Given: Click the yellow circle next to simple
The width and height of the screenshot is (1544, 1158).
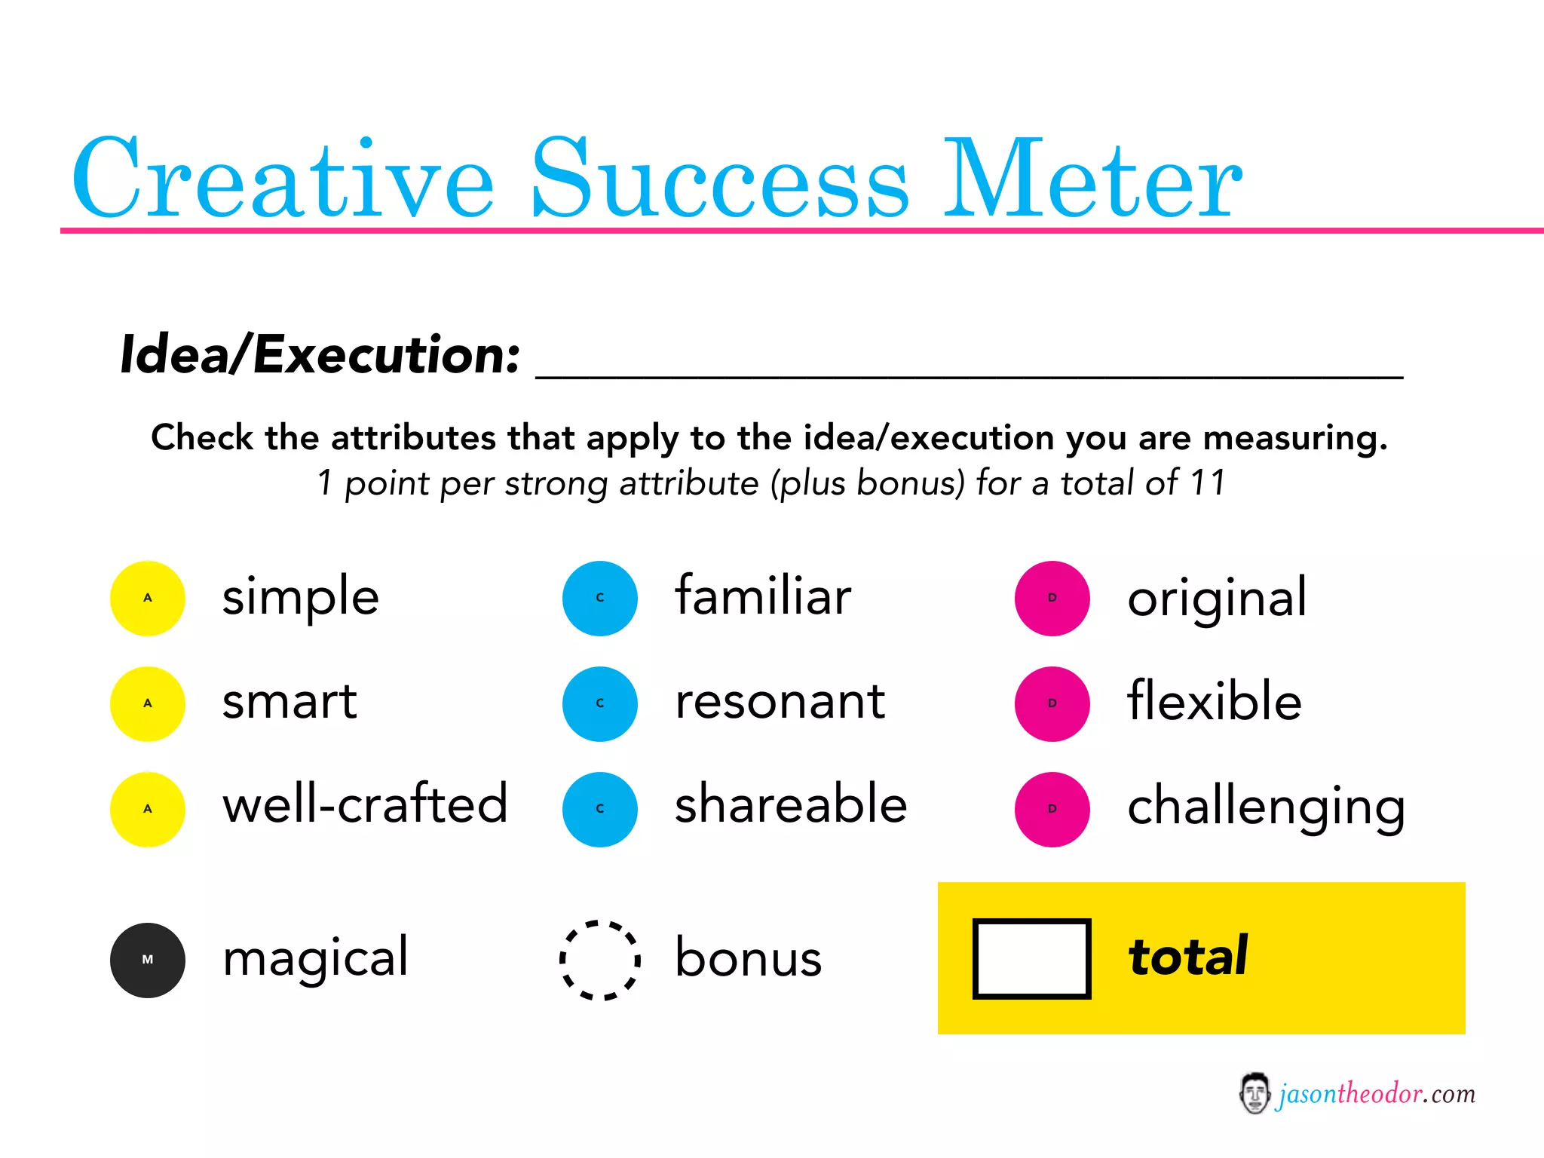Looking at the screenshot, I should (x=148, y=598).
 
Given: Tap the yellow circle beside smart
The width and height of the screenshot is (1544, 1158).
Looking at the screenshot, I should (x=148, y=703).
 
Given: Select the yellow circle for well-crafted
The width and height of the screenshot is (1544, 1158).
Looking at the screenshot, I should (x=148, y=809).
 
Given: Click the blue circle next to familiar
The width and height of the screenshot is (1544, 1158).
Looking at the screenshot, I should (x=600, y=598).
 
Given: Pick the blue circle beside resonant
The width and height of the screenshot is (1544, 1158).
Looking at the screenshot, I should (x=600, y=703).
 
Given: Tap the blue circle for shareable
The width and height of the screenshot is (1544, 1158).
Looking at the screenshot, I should (x=600, y=809).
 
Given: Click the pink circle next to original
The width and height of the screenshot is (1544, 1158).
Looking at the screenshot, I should (x=1052, y=598).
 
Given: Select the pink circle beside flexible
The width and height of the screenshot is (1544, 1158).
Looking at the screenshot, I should (x=1052, y=703).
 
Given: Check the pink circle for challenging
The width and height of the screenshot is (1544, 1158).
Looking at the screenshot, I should (x=1052, y=809).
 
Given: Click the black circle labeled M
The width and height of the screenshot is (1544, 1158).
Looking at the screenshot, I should (x=148, y=960).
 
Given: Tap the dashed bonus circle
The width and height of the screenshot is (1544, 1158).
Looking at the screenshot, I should (x=600, y=960).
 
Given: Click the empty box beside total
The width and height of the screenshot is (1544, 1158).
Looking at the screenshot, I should (x=1031, y=958).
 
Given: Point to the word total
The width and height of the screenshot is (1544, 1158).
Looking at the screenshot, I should (x=1187, y=957).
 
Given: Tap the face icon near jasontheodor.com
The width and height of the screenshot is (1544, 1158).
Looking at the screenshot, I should (x=1254, y=1093).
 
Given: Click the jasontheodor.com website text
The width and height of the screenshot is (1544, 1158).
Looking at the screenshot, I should (x=1376, y=1093).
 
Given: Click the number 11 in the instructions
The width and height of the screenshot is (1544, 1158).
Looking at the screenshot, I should (x=1208, y=482).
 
